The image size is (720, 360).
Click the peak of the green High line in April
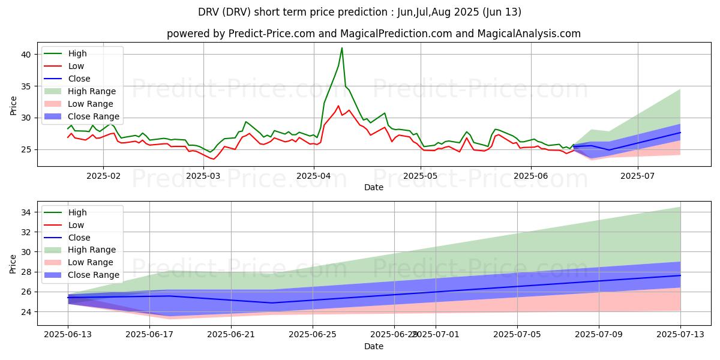pos(342,48)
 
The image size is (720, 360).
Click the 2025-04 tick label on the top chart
pos(313,176)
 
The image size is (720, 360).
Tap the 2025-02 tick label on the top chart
pos(103,176)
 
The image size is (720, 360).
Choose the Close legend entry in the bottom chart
pos(79,238)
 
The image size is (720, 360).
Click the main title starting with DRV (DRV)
pos(360,12)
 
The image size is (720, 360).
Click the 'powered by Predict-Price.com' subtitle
pos(373,34)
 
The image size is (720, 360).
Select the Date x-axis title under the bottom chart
pos(374,347)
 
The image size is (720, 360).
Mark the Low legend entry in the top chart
pos(76,66)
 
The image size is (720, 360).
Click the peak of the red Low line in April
pos(338,106)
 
